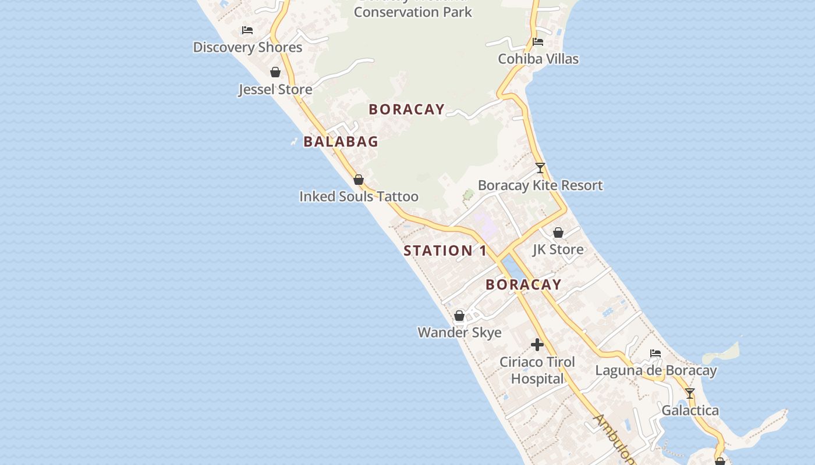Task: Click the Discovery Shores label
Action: (x=247, y=47)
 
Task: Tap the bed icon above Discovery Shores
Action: (x=247, y=30)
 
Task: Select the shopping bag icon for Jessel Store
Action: (x=275, y=72)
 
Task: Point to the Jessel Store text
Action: (x=275, y=90)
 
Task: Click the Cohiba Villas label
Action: (x=538, y=59)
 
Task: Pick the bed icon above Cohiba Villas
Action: (x=538, y=42)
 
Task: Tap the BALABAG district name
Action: (x=341, y=141)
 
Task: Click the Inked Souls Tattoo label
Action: (x=359, y=196)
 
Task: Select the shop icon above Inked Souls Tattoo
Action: (x=359, y=180)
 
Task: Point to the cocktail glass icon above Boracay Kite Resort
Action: (x=540, y=168)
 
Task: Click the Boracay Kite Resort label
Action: (x=540, y=185)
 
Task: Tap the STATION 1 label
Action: (x=445, y=251)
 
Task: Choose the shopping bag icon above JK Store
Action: (x=558, y=233)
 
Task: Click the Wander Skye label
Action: (x=459, y=332)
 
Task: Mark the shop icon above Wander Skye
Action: (x=459, y=316)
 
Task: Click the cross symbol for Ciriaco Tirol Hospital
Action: (x=537, y=345)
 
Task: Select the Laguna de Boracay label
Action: (x=655, y=370)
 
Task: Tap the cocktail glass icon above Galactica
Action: (x=690, y=394)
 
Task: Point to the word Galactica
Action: (x=690, y=410)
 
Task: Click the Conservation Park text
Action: (x=413, y=12)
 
